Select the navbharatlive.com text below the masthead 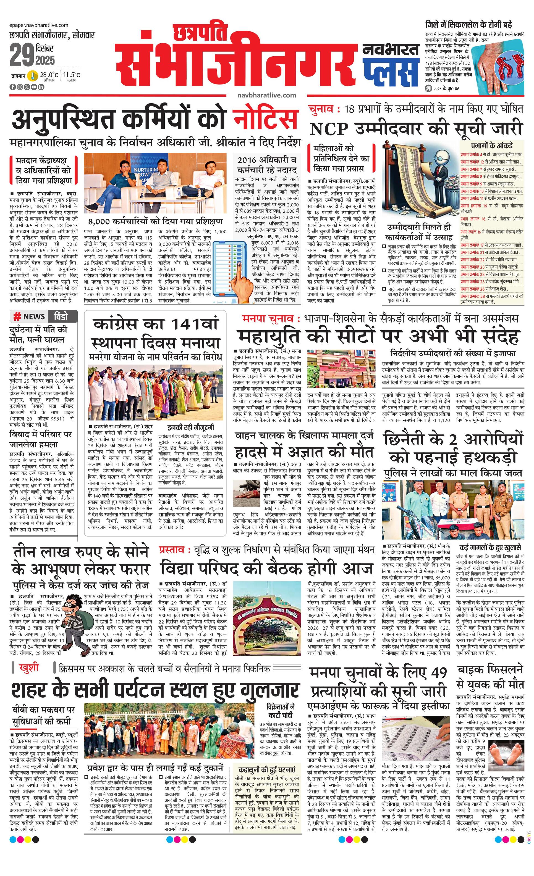tap(267, 95)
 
